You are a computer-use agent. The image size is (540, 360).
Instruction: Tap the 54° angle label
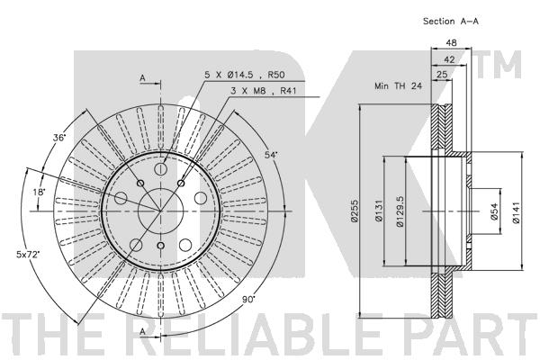271,156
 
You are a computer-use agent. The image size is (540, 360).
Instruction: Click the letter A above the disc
143,79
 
